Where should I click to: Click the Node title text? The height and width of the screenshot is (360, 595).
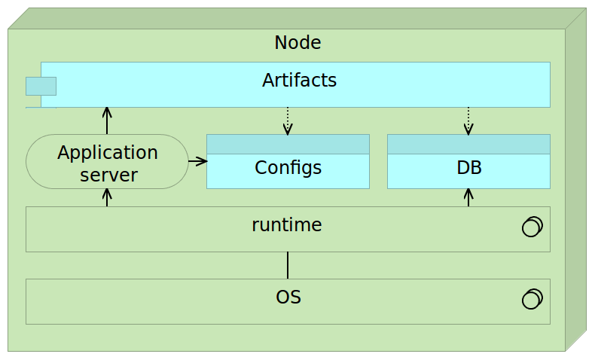[297, 43]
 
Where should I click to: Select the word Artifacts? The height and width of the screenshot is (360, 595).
[299, 80]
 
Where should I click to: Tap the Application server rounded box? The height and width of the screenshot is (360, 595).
[107, 162]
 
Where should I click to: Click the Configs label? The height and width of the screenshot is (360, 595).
[288, 168]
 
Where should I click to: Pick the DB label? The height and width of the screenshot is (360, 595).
[468, 168]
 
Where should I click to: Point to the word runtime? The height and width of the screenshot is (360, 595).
[287, 224]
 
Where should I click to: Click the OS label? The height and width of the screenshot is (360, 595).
[288, 297]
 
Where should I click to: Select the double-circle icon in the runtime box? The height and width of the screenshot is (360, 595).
[532, 227]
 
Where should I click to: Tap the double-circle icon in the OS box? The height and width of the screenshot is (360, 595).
[532, 299]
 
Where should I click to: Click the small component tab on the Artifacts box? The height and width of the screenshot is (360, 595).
[41, 86]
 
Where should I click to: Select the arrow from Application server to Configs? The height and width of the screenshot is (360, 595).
[197, 160]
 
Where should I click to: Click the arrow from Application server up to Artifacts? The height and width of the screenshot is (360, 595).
[107, 121]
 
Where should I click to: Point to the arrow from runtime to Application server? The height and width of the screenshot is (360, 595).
[107, 197]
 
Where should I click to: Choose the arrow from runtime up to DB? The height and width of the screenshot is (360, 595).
[468, 197]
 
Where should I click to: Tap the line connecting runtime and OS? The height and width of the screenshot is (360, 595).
[288, 265]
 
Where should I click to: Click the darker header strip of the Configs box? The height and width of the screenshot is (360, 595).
[288, 144]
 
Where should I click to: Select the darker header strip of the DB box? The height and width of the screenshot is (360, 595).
[468, 144]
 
